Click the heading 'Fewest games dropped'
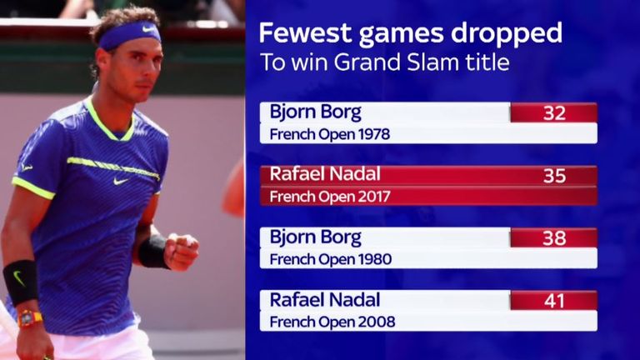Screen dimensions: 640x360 [x=411, y=34]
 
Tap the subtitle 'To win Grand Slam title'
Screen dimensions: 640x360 [x=384, y=62]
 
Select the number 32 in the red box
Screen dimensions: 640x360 [x=554, y=113]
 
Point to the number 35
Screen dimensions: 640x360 [x=554, y=176]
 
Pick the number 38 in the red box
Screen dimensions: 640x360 [x=554, y=238]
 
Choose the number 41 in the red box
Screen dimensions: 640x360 [x=554, y=301]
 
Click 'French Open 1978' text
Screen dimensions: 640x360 [x=330, y=134]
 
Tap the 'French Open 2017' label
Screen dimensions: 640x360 [x=330, y=197]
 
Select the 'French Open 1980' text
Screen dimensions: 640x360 [x=331, y=259]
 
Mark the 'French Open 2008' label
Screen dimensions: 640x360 [x=332, y=322]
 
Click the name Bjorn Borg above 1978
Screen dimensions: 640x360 [x=316, y=112]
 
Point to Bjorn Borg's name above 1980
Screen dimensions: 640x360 [x=316, y=237]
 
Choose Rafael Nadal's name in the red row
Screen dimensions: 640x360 [x=325, y=174]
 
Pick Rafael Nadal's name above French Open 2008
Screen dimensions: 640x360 [x=325, y=300]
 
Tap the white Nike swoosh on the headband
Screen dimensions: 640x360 [x=148, y=29]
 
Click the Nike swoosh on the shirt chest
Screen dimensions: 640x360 [x=121, y=181]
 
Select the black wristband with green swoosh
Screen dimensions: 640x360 [x=21, y=282]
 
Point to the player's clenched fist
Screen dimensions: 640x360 [x=180, y=251]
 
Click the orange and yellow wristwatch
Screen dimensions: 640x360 [x=29, y=318]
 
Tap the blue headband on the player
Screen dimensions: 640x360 [x=129, y=35]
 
